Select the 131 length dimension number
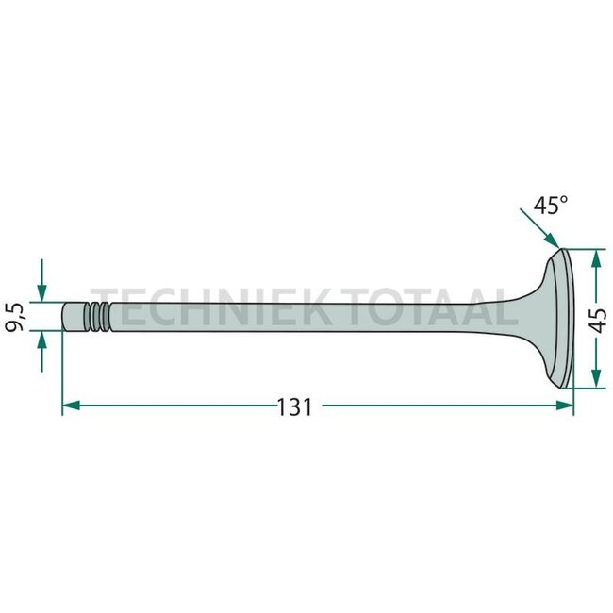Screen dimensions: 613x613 coord(294,407)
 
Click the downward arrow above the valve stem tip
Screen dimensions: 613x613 coord(42,288)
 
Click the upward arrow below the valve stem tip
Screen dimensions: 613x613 coord(42,347)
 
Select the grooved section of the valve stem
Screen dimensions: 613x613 coord(97,317)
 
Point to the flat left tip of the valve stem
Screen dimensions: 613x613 coord(64,317)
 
